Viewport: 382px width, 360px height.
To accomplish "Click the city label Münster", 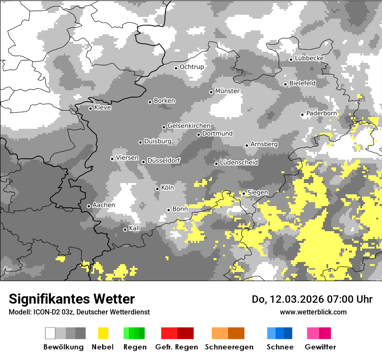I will click(227, 91).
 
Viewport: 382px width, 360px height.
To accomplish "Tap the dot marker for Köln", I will click(157, 189).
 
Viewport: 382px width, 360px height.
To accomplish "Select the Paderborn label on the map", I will click(321, 114).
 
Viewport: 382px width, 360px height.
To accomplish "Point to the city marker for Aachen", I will click(89, 206).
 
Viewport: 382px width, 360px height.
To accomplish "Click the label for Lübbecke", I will click(309, 58).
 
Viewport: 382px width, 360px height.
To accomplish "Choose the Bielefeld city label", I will click(302, 83).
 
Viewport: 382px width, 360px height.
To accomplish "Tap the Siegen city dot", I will click(244, 193).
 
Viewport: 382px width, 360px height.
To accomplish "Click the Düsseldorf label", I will click(164, 160).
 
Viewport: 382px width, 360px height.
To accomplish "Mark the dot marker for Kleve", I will click(90, 108).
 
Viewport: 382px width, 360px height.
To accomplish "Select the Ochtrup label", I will click(191, 67).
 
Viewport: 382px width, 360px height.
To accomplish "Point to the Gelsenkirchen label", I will click(189, 126).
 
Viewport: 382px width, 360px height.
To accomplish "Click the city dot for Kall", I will click(125, 229).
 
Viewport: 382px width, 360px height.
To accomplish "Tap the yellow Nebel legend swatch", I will click(103, 333).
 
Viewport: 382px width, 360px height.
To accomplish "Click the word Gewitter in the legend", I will click(320, 347).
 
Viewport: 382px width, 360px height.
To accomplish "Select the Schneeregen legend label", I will click(229, 347).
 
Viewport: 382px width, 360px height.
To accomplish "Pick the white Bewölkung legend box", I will click(50, 333).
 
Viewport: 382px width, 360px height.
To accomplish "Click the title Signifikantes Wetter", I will click(72, 299).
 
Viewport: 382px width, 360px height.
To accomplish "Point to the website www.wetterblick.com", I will click(313, 312).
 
